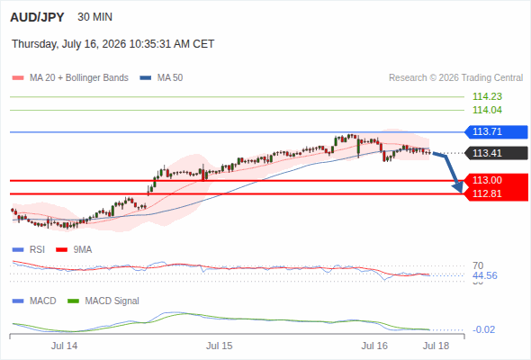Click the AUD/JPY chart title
click(37, 17)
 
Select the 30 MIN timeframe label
click(94, 17)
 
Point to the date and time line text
click(112, 44)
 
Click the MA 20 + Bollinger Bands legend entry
click(70, 78)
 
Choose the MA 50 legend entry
click(161, 78)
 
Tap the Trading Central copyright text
click(455, 78)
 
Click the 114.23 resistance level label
click(487, 96)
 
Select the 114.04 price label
click(487, 110)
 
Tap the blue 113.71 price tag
click(496, 131)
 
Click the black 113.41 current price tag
click(496, 153)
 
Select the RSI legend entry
click(29, 250)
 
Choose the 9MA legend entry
click(74, 250)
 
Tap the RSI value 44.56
click(485, 275)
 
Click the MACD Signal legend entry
click(103, 301)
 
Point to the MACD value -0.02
click(483, 329)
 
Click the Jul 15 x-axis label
click(220, 346)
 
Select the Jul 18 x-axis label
click(436, 346)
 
